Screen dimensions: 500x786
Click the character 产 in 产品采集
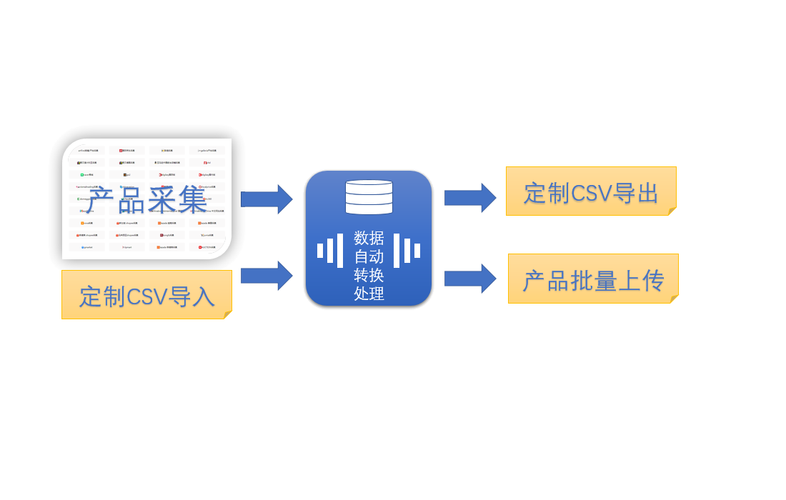[x=100, y=201]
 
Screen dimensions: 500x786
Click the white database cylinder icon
[x=369, y=197]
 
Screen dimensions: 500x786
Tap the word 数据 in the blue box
[x=369, y=238]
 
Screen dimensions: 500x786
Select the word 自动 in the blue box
[x=369, y=256]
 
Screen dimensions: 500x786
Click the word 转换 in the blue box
[x=369, y=275]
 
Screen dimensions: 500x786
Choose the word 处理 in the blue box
[x=369, y=294]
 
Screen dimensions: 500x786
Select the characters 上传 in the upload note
[x=640, y=281]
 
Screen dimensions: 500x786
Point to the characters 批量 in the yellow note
[x=593, y=281]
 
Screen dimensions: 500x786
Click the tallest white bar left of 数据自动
[x=340, y=251]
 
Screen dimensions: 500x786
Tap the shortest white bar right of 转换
[x=417, y=251]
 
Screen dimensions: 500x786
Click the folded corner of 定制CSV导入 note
[x=228, y=315]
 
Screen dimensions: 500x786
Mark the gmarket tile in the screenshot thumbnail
[x=86, y=247]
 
